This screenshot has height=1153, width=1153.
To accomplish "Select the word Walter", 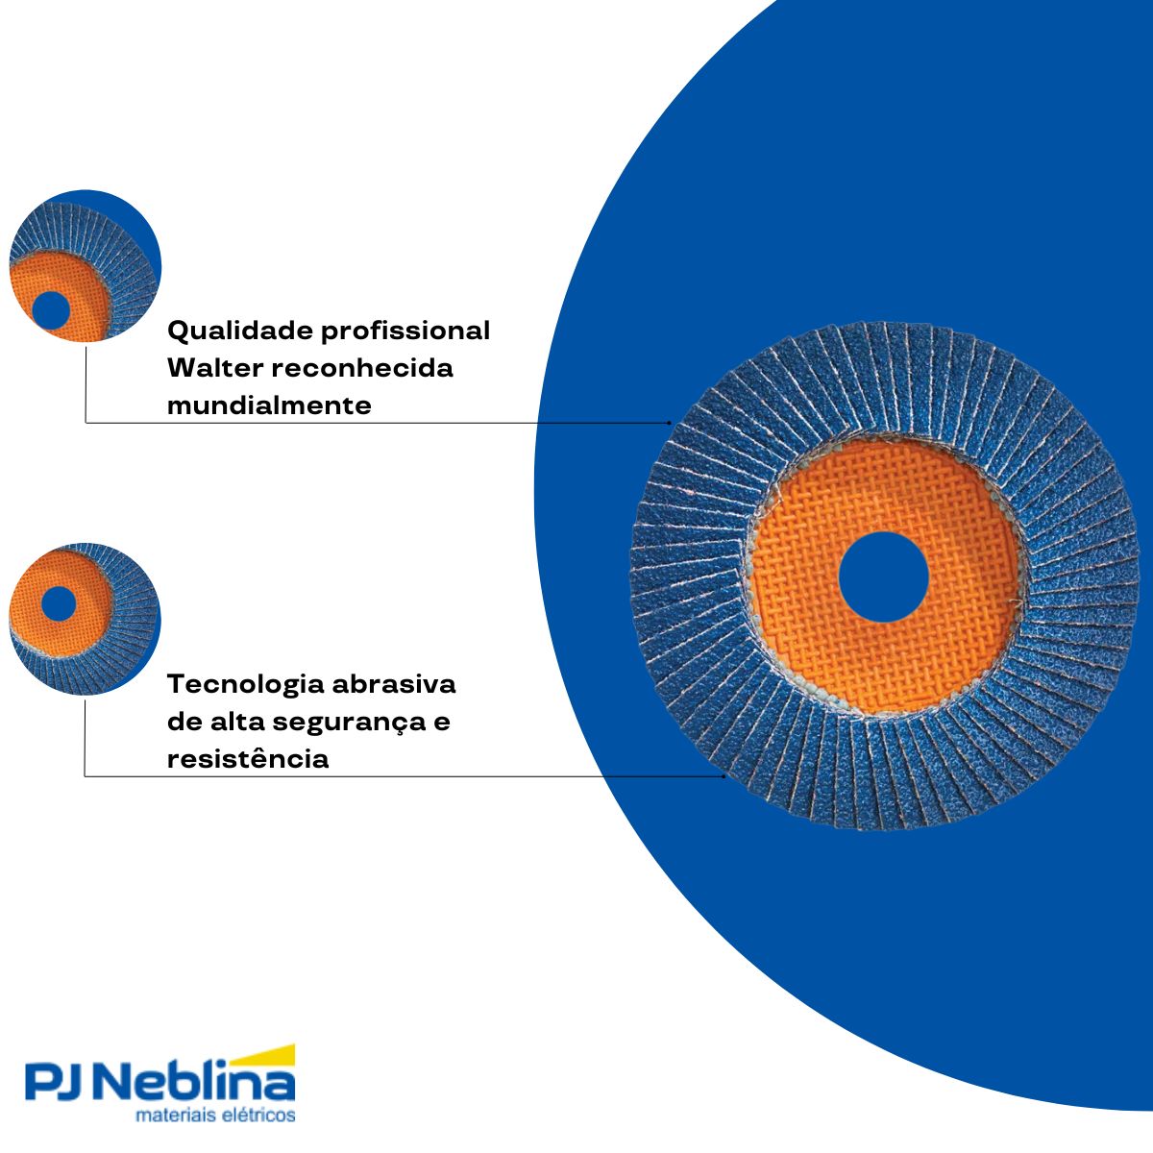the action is tap(215, 368).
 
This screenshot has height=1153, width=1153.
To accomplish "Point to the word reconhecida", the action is tap(362, 368).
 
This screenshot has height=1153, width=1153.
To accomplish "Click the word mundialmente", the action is tap(269, 405).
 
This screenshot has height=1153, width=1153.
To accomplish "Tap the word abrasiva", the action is tap(394, 684).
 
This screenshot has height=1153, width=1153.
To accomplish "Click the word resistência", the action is tap(248, 759).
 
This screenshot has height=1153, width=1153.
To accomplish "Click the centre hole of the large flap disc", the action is tap(883, 576).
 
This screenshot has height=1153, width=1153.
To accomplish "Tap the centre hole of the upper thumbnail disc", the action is tap(51, 310).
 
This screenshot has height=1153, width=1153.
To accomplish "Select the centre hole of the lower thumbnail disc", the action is tap(59, 603).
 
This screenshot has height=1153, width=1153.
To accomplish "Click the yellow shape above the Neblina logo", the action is tap(262, 1056).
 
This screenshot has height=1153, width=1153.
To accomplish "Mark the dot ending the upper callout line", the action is tap(670, 423).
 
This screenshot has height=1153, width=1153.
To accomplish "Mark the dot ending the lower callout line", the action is tap(724, 776).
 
